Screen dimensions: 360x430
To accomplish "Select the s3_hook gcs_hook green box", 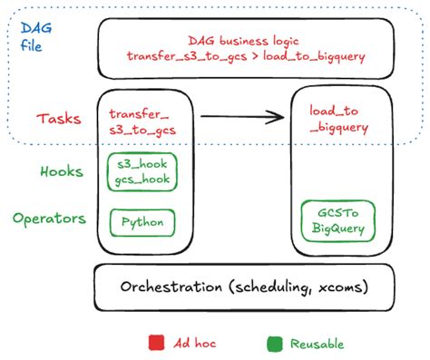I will [142, 172].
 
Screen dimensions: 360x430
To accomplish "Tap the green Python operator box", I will [142, 222].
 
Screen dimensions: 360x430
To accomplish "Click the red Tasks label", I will [60, 118].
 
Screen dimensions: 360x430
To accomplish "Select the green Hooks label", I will [63, 170].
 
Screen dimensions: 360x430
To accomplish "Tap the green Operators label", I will [51, 219].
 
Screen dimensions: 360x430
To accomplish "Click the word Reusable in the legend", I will [317, 343].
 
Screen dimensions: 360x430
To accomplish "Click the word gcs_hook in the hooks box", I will [142, 180].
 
